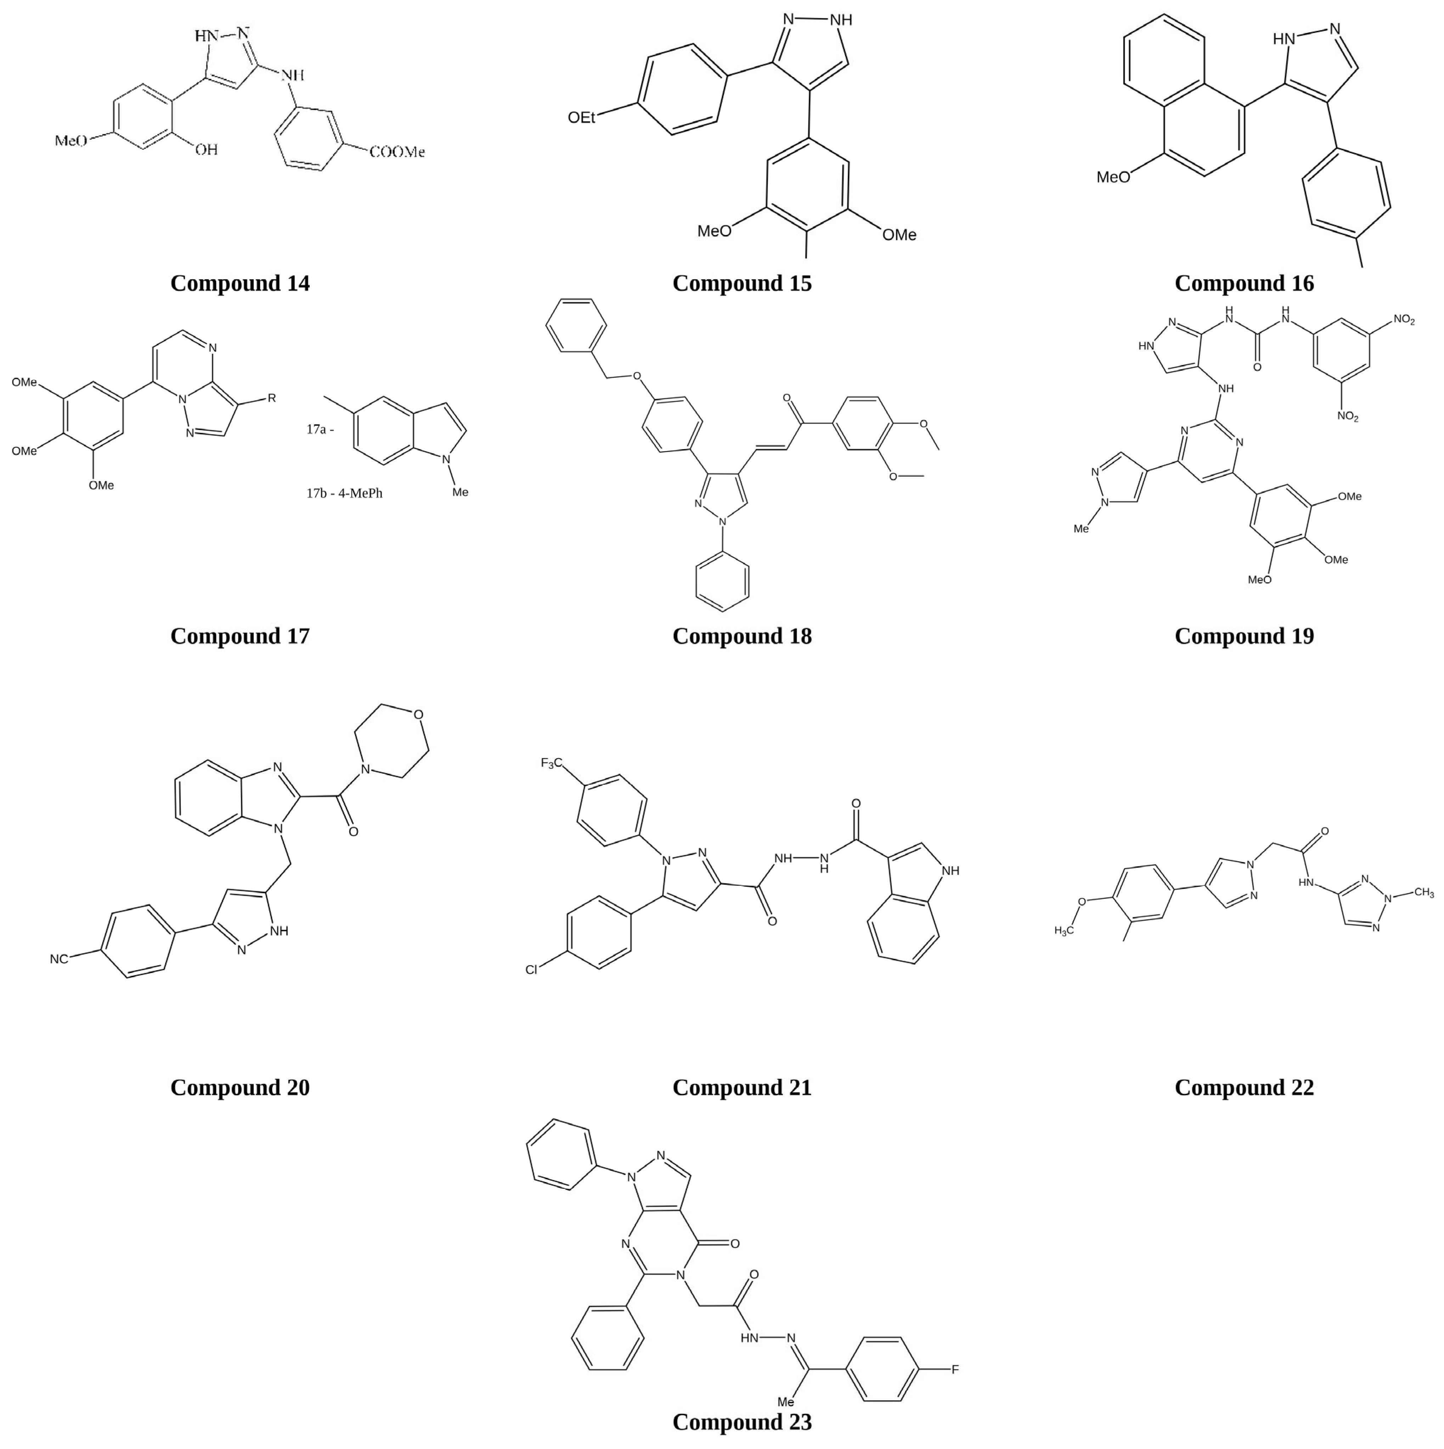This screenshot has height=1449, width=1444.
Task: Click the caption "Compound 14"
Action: (240, 284)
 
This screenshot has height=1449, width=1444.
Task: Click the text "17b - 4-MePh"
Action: (344, 493)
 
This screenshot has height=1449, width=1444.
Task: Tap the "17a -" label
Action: (320, 430)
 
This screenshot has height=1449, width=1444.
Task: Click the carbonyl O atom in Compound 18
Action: (786, 398)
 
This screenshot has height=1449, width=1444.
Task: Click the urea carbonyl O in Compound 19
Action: (1257, 368)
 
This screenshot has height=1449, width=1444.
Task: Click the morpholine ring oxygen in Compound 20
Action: (418, 714)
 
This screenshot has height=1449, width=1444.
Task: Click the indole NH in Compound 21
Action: (950, 871)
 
